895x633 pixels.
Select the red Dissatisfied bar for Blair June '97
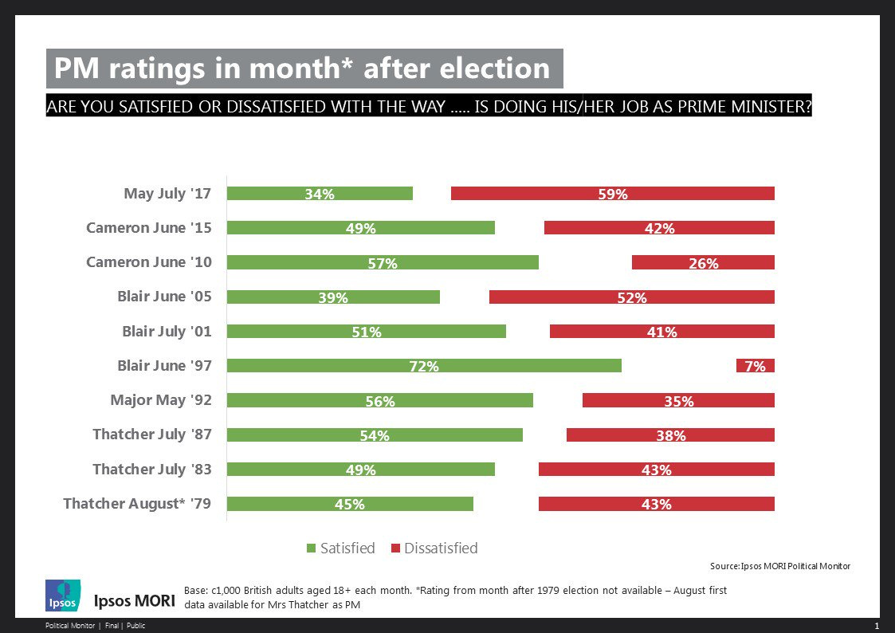[755, 366]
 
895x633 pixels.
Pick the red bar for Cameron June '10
[703, 262]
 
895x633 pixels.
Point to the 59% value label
[613, 194]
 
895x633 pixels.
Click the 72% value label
[424, 367]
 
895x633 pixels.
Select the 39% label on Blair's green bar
[333, 297]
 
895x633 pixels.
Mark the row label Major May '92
[161, 399]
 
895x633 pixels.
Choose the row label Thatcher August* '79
[137, 503]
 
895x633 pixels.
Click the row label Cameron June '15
[149, 227]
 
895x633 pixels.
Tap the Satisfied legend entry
[340, 548]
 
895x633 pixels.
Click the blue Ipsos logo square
[63, 596]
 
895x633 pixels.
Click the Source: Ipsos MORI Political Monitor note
[780, 566]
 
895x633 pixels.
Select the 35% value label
[679, 401]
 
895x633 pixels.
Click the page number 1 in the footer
[876, 626]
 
